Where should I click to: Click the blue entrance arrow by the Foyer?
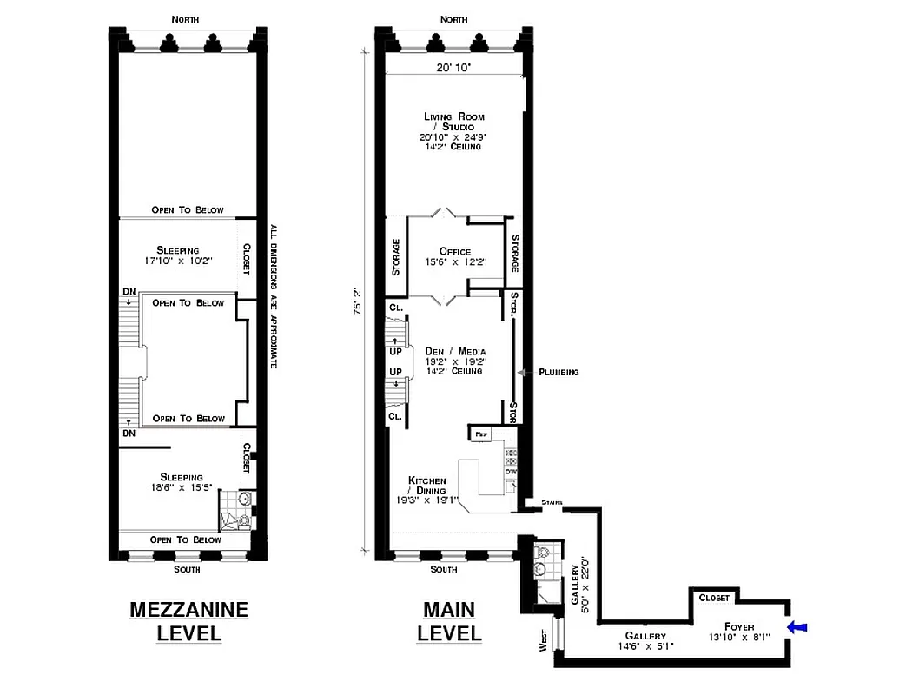tap(797, 627)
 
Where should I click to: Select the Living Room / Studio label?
tap(454, 131)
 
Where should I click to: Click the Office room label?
tap(454, 257)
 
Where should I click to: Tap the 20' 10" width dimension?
tap(454, 66)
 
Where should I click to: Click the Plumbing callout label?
tap(559, 372)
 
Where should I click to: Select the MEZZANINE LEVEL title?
tap(188, 621)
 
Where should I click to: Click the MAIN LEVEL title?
tap(449, 621)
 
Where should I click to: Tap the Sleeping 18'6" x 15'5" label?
tap(182, 482)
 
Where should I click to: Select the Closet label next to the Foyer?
tap(713, 598)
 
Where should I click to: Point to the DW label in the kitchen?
tap(511, 472)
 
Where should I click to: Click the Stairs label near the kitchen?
tap(552, 502)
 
